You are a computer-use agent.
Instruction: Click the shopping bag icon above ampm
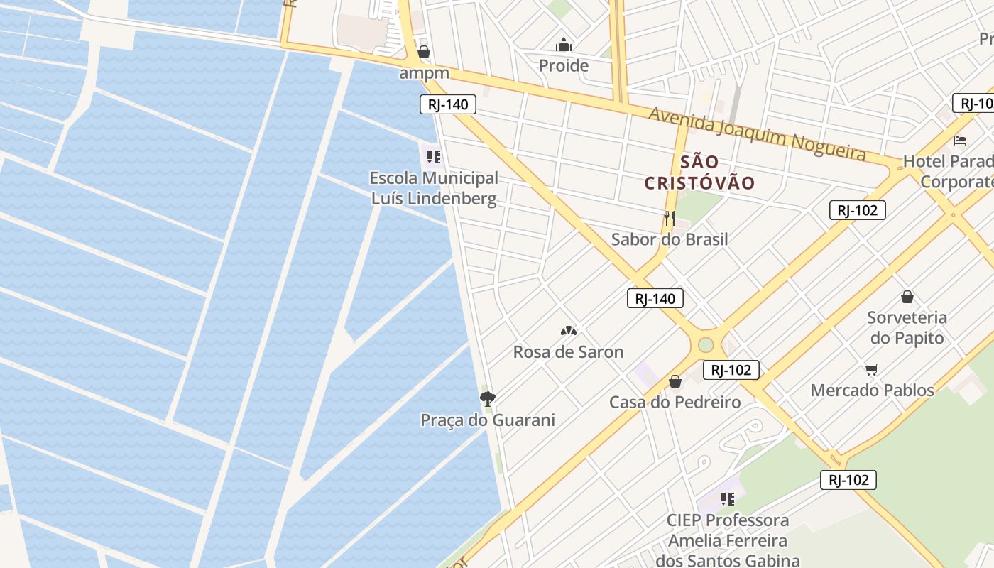424,52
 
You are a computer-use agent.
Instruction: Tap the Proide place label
564,66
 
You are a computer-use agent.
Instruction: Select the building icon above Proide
564,45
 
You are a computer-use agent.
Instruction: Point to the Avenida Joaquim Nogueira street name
757,133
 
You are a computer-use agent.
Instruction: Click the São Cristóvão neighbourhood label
699,173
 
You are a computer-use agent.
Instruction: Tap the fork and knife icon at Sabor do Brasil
669,218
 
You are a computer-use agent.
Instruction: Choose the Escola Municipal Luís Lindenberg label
434,188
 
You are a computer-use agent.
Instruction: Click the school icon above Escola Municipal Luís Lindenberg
432,156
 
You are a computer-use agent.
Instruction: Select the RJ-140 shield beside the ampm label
447,105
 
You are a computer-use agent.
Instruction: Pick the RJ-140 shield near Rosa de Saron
655,299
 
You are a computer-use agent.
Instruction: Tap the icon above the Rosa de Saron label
568,331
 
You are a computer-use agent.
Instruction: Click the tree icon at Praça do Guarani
487,399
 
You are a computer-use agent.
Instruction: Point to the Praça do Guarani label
488,420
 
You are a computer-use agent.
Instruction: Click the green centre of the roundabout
705,345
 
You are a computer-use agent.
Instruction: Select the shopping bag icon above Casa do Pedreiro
675,382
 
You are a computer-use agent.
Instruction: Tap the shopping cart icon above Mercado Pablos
872,369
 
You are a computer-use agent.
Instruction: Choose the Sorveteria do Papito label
907,327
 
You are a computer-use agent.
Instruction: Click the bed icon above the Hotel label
960,140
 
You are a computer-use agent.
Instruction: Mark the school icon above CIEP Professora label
727,499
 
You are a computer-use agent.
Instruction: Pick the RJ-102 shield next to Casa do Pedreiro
731,370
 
